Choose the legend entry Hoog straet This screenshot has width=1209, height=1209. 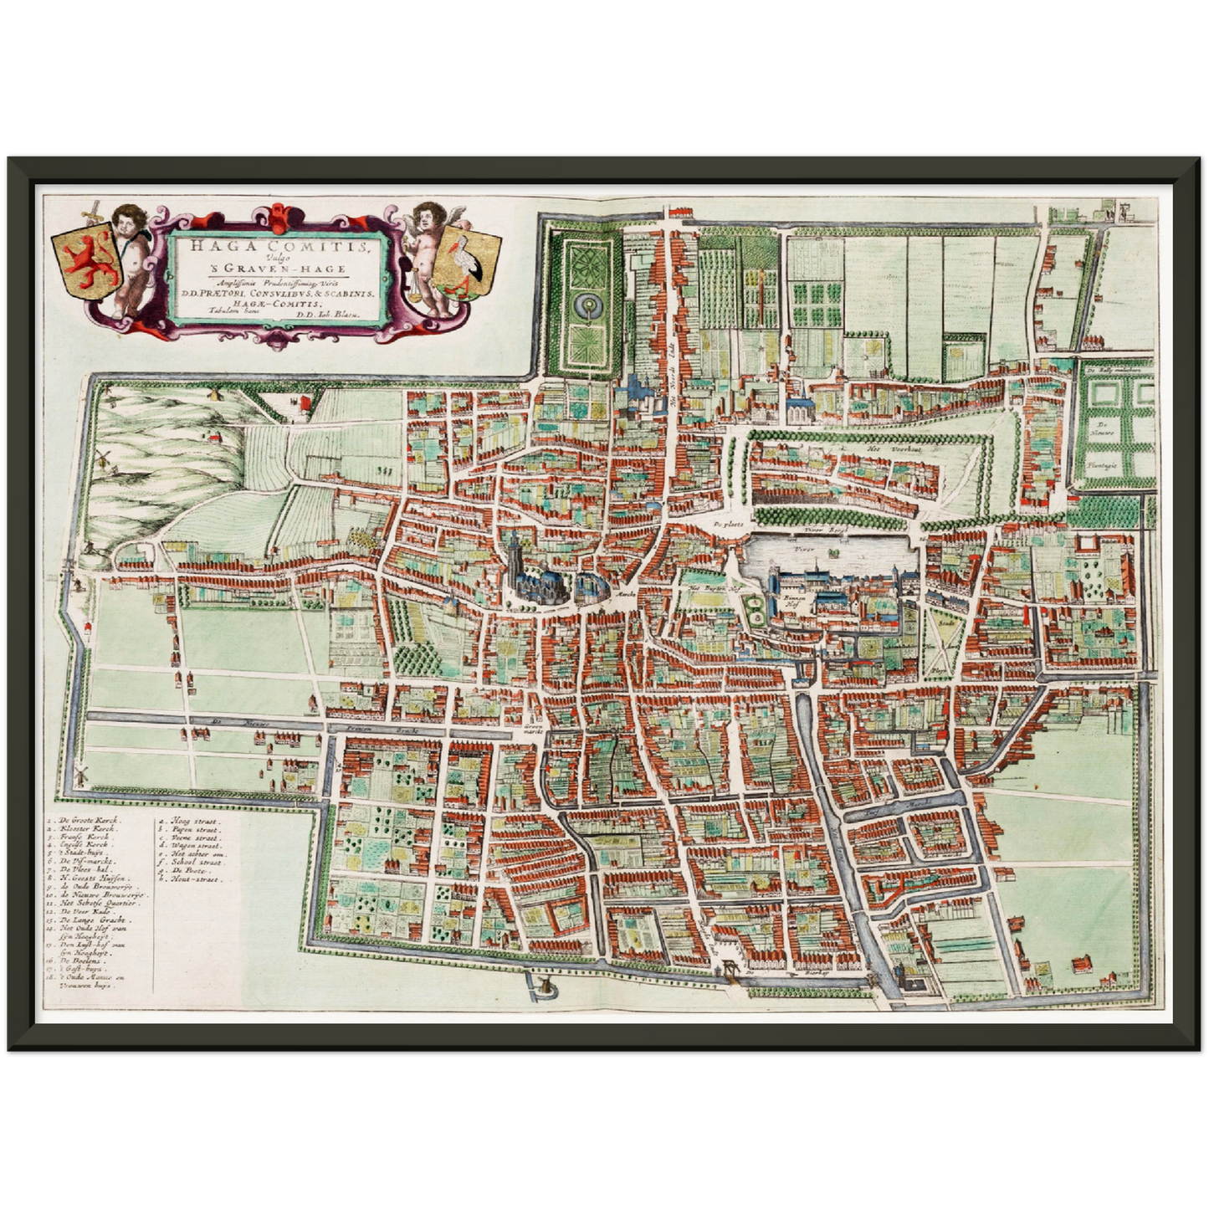[x=195, y=822]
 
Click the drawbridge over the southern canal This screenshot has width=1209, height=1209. [x=730, y=969]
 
